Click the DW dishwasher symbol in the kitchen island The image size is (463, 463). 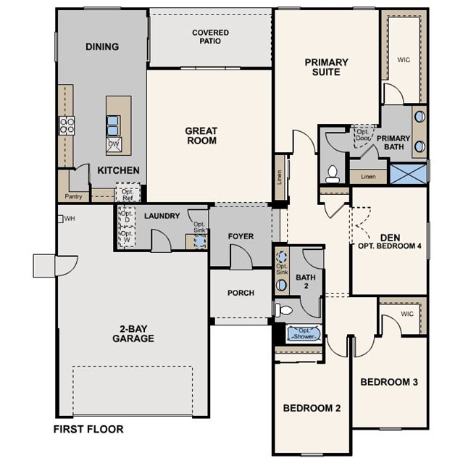(x=114, y=144)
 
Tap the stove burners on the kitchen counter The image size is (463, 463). (x=67, y=125)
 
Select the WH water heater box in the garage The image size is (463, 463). (x=60, y=219)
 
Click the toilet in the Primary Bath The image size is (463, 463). (x=333, y=174)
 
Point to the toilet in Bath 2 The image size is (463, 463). (x=284, y=310)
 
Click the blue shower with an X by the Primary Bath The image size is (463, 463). (x=409, y=174)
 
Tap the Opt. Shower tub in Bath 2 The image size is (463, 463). (x=304, y=334)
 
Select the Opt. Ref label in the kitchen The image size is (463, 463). (x=128, y=195)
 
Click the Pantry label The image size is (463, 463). (x=73, y=196)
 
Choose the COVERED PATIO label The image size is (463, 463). (x=211, y=37)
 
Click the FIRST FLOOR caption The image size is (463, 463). (x=88, y=429)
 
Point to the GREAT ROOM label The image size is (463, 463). (x=201, y=135)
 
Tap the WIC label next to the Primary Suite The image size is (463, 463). (x=404, y=59)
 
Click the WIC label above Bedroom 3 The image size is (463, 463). (x=407, y=314)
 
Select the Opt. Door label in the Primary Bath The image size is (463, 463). (x=363, y=135)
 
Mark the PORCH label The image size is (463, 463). (x=241, y=293)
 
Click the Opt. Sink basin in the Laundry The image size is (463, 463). (x=200, y=241)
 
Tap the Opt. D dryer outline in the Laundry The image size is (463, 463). (x=127, y=217)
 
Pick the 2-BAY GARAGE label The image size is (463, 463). (x=133, y=334)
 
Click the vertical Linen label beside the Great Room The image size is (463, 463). (x=280, y=178)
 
